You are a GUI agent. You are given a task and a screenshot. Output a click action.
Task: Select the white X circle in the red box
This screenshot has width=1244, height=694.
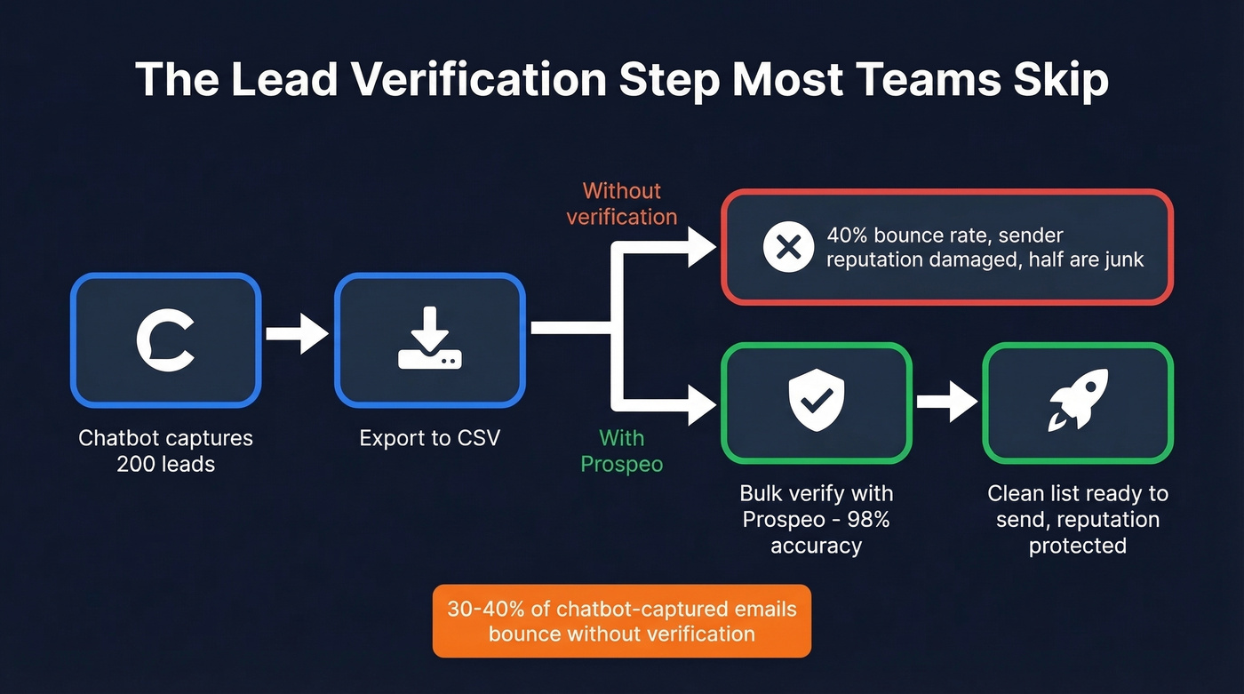(x=788, y=247)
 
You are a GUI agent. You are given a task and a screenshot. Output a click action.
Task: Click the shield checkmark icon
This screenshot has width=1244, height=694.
(x=817, y=401)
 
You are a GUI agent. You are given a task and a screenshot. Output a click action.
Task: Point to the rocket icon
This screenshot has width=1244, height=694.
(x=1077, y=401)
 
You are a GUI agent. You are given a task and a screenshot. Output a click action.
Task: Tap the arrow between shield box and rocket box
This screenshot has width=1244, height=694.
(x=946, y=402)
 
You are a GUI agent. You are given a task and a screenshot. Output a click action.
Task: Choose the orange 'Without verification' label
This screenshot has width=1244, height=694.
(x=621, y=203)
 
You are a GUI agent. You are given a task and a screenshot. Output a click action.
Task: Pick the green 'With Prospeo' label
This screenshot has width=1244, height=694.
(x=621, y=451)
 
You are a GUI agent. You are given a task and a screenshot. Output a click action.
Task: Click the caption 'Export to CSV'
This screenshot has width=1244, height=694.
(x=429, y=438)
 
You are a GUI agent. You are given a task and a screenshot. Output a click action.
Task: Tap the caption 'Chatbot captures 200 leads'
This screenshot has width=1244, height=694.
(x=165, y=451)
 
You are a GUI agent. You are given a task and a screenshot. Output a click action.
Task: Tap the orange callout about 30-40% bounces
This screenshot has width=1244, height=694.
(x=621, y=621)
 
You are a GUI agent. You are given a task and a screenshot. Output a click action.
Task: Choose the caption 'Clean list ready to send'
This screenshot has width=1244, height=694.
(x=1077, y=506)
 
